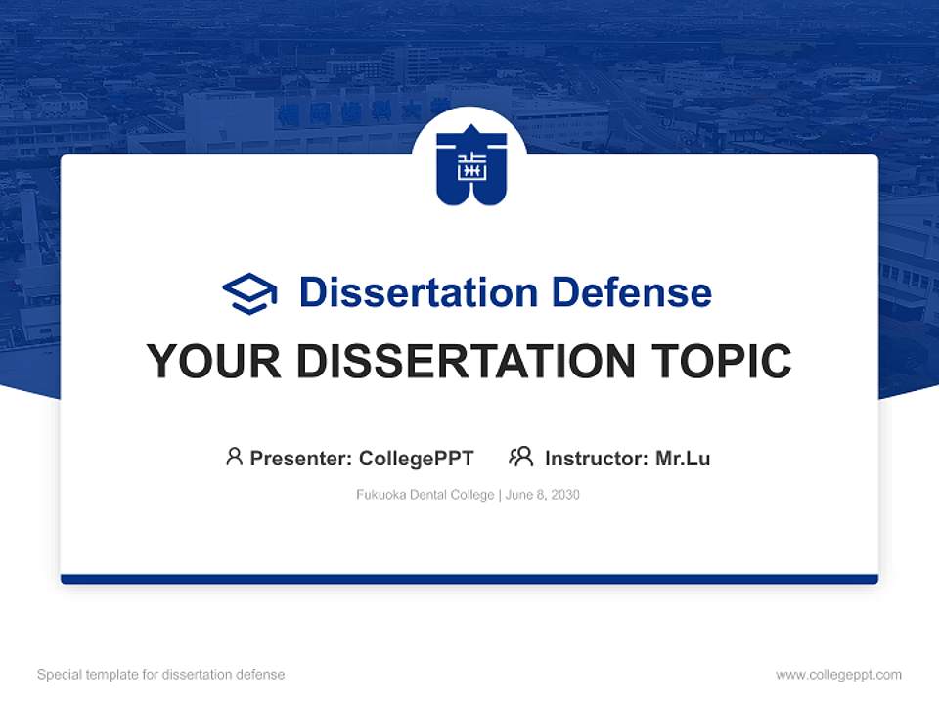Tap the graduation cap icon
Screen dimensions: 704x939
pos(249,292)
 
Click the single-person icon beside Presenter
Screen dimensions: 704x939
pos(234,457)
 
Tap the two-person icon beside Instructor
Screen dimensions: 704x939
pos(520,457)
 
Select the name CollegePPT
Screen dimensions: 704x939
pos(417,458)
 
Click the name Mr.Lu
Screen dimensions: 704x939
pos(683,458)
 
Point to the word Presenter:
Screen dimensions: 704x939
pos(301,458)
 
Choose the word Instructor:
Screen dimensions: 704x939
pos(597,458)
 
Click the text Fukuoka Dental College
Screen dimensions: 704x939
pos(425,495)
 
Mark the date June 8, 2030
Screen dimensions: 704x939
pos(543,495)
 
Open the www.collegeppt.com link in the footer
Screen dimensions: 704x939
pos(838,675)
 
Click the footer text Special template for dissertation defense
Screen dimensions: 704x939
pos(161,675)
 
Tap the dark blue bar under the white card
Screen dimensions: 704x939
pos(469,579)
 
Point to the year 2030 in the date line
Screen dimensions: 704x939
pos(564,495)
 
